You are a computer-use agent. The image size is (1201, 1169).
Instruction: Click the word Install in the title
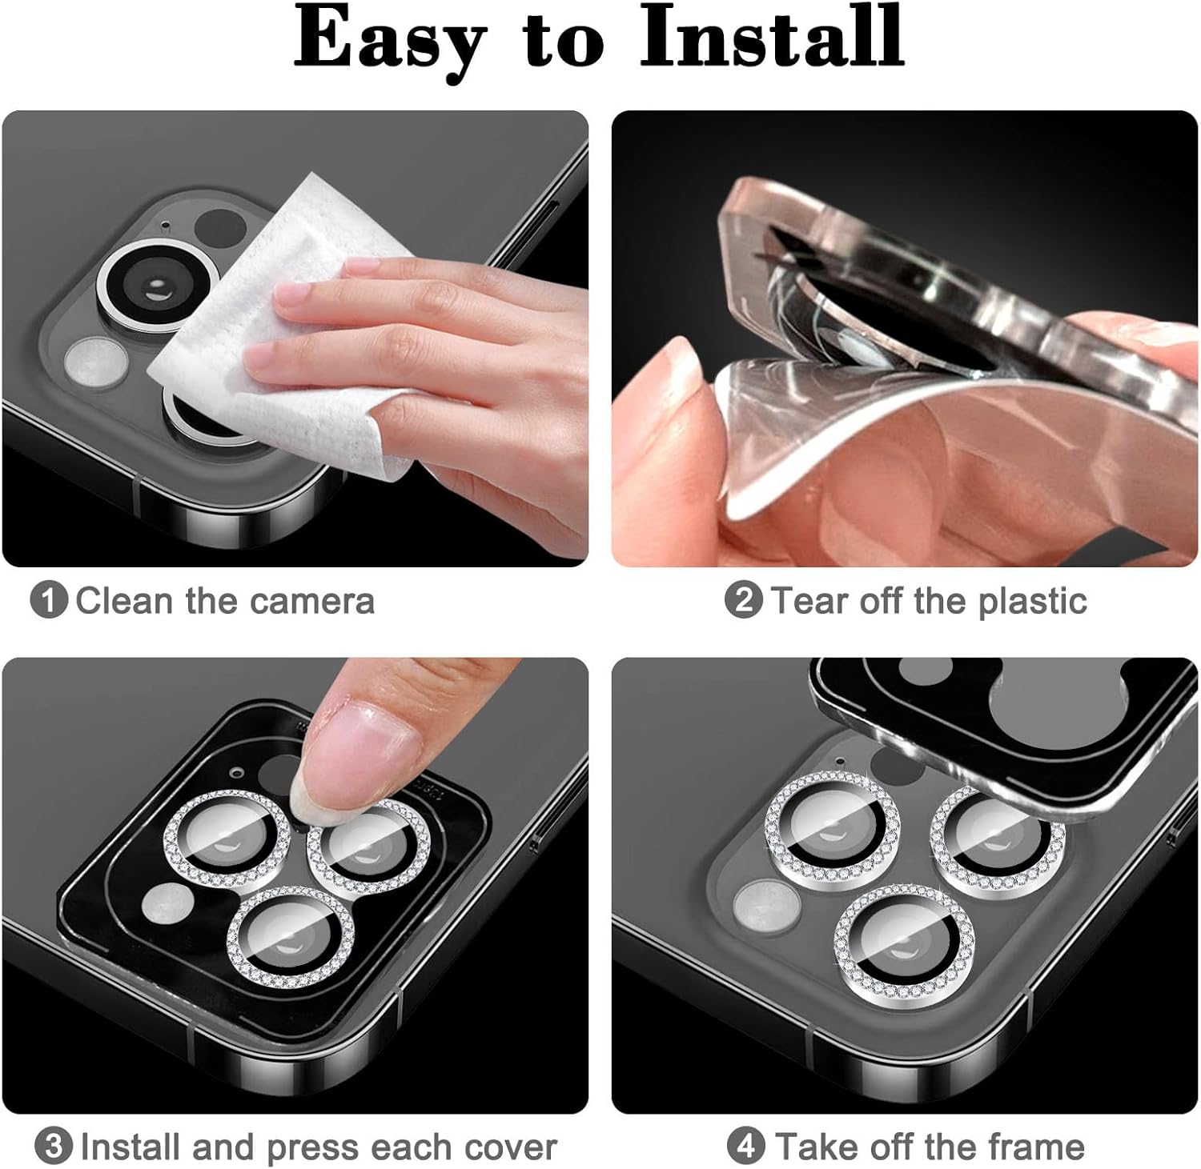click(x=773, y=36)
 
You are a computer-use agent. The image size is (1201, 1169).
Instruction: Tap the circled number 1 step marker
click(x=49, y=600)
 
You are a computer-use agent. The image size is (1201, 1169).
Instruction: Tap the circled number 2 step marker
click(x=743, y=600)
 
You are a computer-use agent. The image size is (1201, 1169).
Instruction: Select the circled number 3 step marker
click(x=54, y=1147)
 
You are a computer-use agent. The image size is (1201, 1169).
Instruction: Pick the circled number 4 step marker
click(x=745, y=1147)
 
